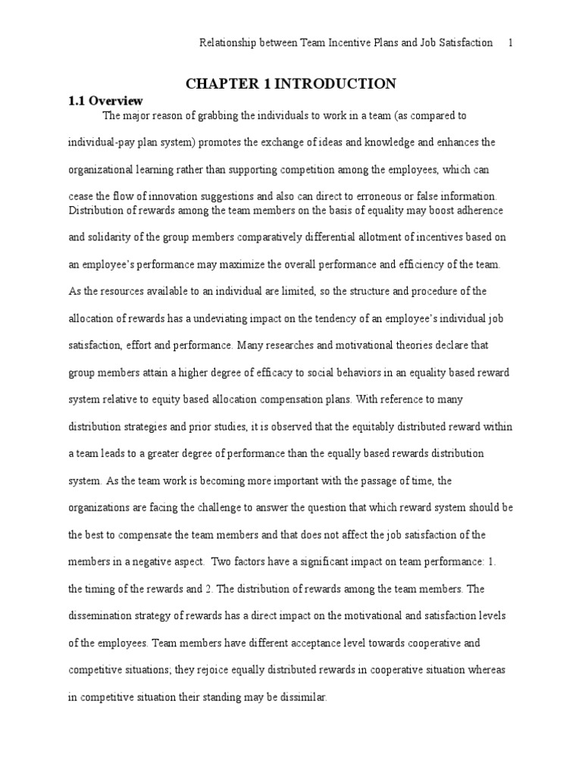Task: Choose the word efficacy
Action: [x=253, y=372]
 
